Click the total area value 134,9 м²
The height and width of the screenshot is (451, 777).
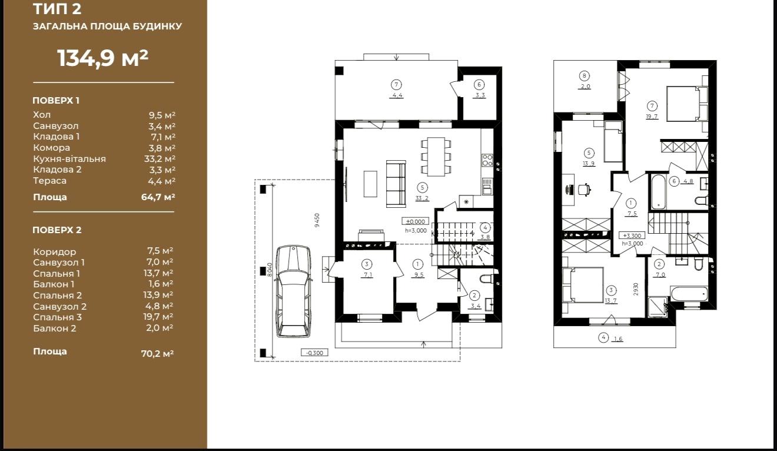click(x=102, y=58)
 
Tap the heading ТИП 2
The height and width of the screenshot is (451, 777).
click(x=57, y=9)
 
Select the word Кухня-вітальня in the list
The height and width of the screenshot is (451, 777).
click(x=69, y=159)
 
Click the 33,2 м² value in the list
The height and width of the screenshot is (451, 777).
click(x=160, y=159)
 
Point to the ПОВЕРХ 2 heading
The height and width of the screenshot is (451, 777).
click(x=57, y=230)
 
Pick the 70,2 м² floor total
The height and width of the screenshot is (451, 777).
click(x=157, y=353)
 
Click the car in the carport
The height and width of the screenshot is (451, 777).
click(x=293, y=291)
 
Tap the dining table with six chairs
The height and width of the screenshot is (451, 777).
click(x=436, y=157)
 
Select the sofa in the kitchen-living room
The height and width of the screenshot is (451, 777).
click(x=396, y=184)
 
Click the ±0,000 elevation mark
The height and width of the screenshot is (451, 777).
click(x=415, y=221)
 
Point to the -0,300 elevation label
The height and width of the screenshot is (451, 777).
click(x=314, y=353)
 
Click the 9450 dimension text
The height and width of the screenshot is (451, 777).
click(x=317, y=220)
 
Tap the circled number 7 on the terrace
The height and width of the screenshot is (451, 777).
click(x=396, y=84)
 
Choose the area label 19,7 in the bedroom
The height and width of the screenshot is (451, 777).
click(x=652, y=117)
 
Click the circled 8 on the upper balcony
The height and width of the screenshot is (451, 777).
click(x=585, y=75)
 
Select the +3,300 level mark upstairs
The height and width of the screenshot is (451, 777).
click(x=632, y=236)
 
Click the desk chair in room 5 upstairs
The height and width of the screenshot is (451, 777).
click(x=585, y=190)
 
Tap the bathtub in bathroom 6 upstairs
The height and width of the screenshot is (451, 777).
click(x=658, y=192)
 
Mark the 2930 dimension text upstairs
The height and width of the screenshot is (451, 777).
click(x=636, y=289)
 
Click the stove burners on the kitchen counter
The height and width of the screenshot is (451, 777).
click(x=487, y=160)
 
